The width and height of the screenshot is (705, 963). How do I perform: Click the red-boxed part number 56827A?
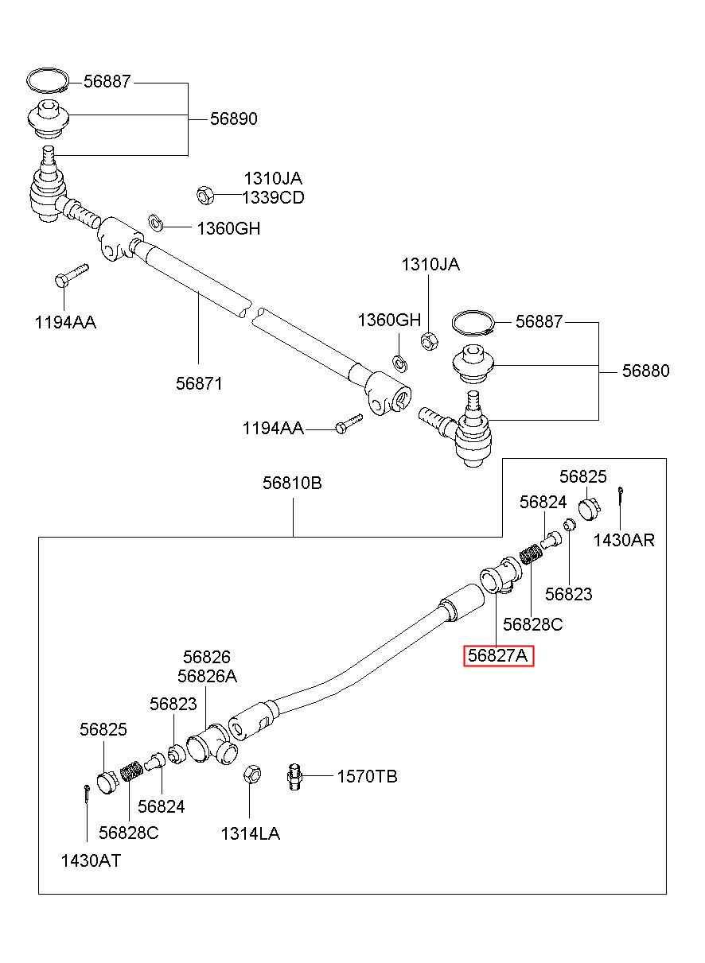(x=497, y=655)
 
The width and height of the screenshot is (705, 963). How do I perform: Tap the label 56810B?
(x=292, y=483)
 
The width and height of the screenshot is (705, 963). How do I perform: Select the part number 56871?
(x=199, y=383)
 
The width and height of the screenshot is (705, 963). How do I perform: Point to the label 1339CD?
(x=273, y=197)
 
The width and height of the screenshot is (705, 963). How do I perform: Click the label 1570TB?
(x=367, y=776)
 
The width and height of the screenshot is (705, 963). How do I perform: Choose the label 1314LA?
(x=251, y=833)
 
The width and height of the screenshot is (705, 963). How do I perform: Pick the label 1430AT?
(x=91, y=860)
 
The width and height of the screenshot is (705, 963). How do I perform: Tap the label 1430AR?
(x=624, y=541)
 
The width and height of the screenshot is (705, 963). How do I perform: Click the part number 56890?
(x=234, y=118)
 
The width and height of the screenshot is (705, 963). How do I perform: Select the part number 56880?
(x=645, y=371)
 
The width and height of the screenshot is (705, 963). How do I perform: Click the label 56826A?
(x=207, y=676)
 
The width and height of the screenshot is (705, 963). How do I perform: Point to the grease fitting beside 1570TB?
(x=294, y=776)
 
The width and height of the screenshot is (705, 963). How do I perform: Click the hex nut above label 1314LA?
(x=252, y=775)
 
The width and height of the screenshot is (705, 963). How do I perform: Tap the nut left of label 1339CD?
(x=205, y=195)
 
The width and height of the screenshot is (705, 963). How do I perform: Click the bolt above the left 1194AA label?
(x=72, y=275)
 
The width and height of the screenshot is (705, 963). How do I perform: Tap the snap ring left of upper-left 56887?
(x=48, y=80)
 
